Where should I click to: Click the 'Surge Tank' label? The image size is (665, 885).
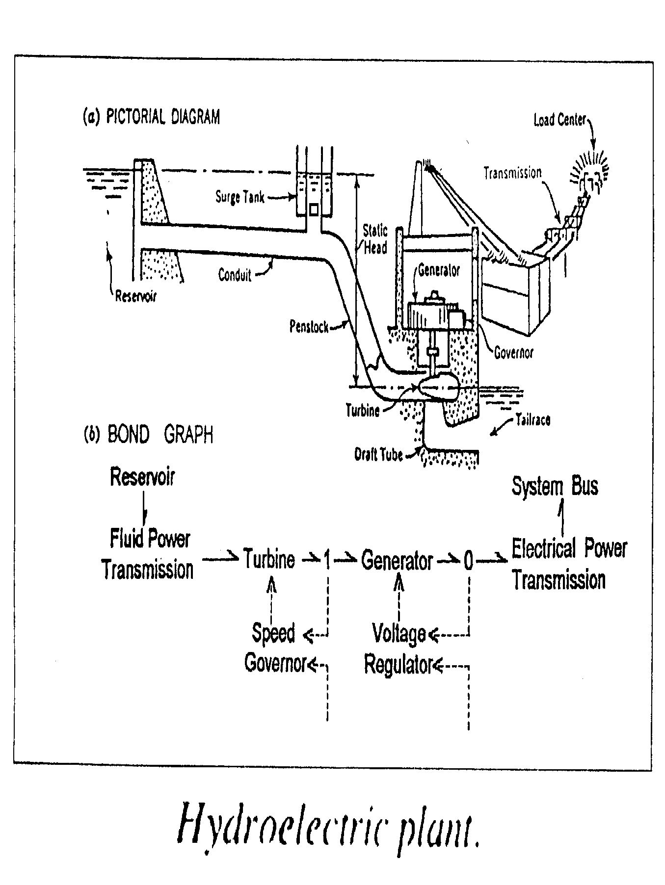tap(240, 197)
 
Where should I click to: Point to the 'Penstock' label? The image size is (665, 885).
tap(309, 326)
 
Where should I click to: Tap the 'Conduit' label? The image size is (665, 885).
tap(235, 275)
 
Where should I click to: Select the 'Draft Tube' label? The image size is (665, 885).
tap(378, 455)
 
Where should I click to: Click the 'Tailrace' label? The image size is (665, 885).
tap(533, 420)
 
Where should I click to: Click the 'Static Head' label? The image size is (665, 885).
tap(375, 239)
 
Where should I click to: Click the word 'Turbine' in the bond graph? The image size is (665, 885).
tap(269, 559)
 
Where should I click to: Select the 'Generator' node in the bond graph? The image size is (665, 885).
tap(397, 560)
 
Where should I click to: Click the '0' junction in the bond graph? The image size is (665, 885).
tap(468, 561)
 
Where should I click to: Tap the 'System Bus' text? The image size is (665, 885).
tap(555, 486)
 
